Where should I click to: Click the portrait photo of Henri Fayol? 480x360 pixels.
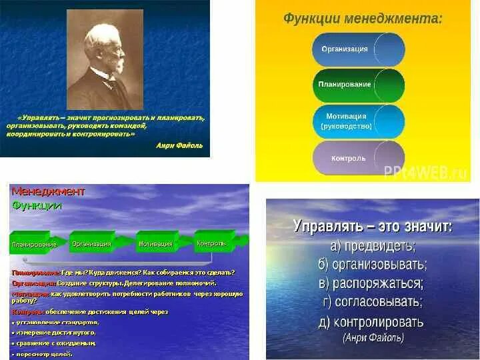pyautogui.click(x=104, y=59)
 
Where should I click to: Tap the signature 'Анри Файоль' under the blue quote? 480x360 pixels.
pyautogui.click(x=179, y=145)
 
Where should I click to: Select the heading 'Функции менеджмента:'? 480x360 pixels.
pyautogui.click(x=363, y=19)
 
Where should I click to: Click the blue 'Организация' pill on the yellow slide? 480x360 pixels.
pyautogui.click(x=358, y=49)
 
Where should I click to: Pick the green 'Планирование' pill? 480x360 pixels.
pyautogui.click(x=358, y=85)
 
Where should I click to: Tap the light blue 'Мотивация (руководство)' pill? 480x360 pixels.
pyautogui.click(x=358, y=121)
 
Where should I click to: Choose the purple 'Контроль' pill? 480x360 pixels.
pyautogui.click(x=358, y=158)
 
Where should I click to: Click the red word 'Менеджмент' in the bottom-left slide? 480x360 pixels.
pyautogui.click(x=48, y=192)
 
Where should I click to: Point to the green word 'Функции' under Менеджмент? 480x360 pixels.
pyautogui.click(x=37, y=205)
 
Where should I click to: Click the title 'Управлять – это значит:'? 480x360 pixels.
pyautogui.click(x=373, y=227)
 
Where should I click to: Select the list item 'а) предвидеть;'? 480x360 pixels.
pyautogui.click(x=373, y=245)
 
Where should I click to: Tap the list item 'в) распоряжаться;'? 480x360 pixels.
pyautogui.click(x=373, y=283)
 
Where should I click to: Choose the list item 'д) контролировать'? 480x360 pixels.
pyautogui.click(x=373, y=321)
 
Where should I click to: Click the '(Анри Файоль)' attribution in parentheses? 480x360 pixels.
pyautogui.click(x=373, y=338)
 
